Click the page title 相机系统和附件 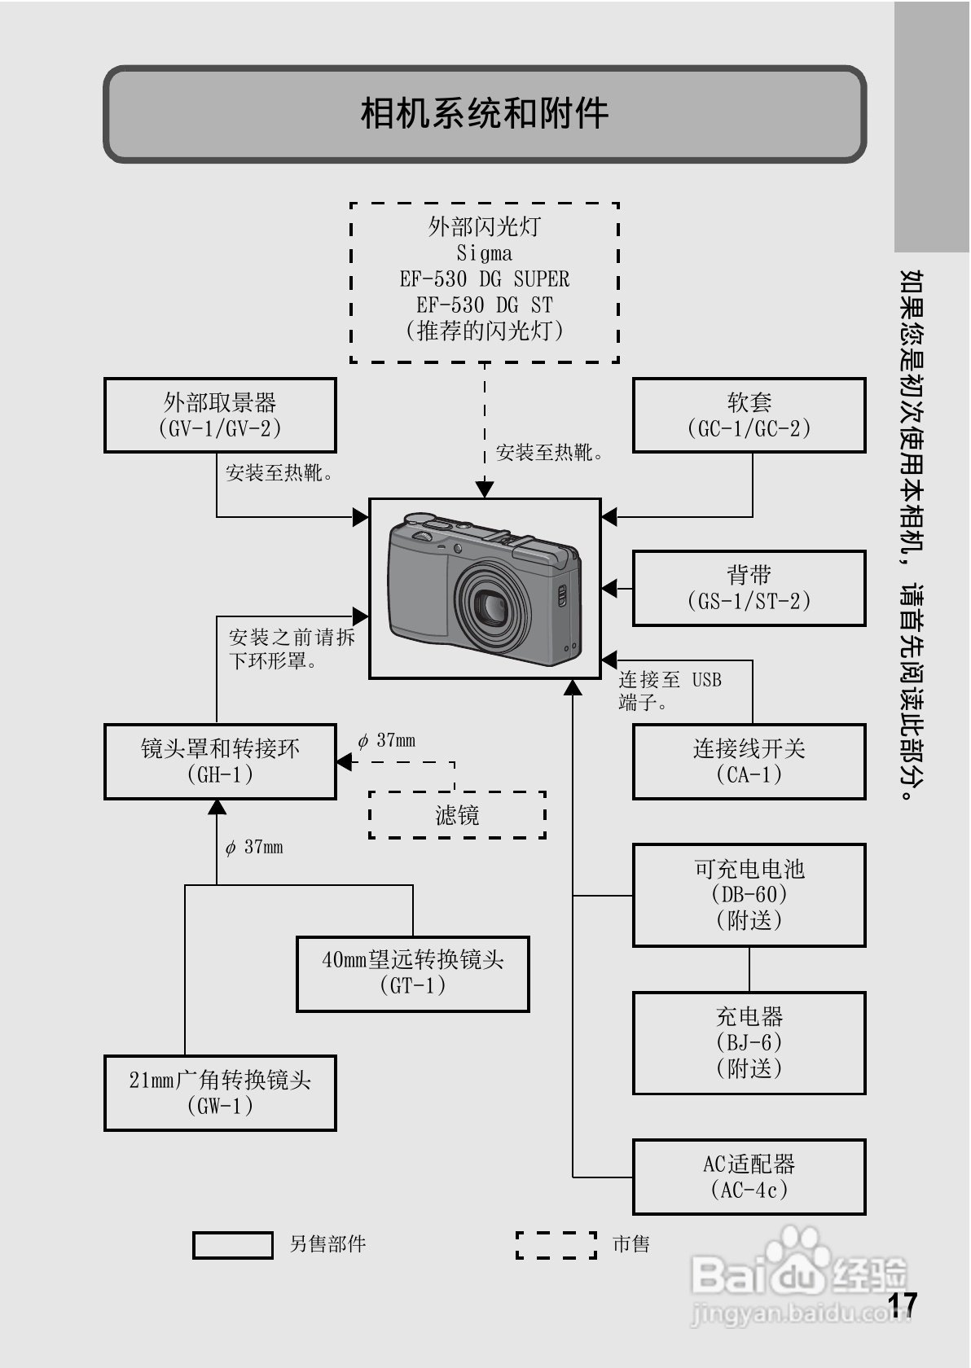tap(484, 113)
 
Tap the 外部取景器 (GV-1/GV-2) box tap(220, 415)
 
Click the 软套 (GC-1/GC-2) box tap(749, 415)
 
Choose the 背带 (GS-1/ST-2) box tap(749, 588)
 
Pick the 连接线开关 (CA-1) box tap(749, 761)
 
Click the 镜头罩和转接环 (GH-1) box tap(220, 761)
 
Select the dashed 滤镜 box tap(457, 814)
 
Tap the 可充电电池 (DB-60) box tap(749, 895)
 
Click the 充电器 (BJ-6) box tap(749, 1042)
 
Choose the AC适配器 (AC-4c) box tap(749, 1177)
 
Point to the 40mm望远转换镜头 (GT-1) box tap(413, 973)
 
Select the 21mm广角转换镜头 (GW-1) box tap(220, 1093)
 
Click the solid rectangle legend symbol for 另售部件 tap(233, 1245)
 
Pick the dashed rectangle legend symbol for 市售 tap(556, 1245)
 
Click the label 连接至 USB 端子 tap(670, 691)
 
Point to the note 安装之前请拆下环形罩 tap(291, 649)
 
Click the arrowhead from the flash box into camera tap(485, 489)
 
